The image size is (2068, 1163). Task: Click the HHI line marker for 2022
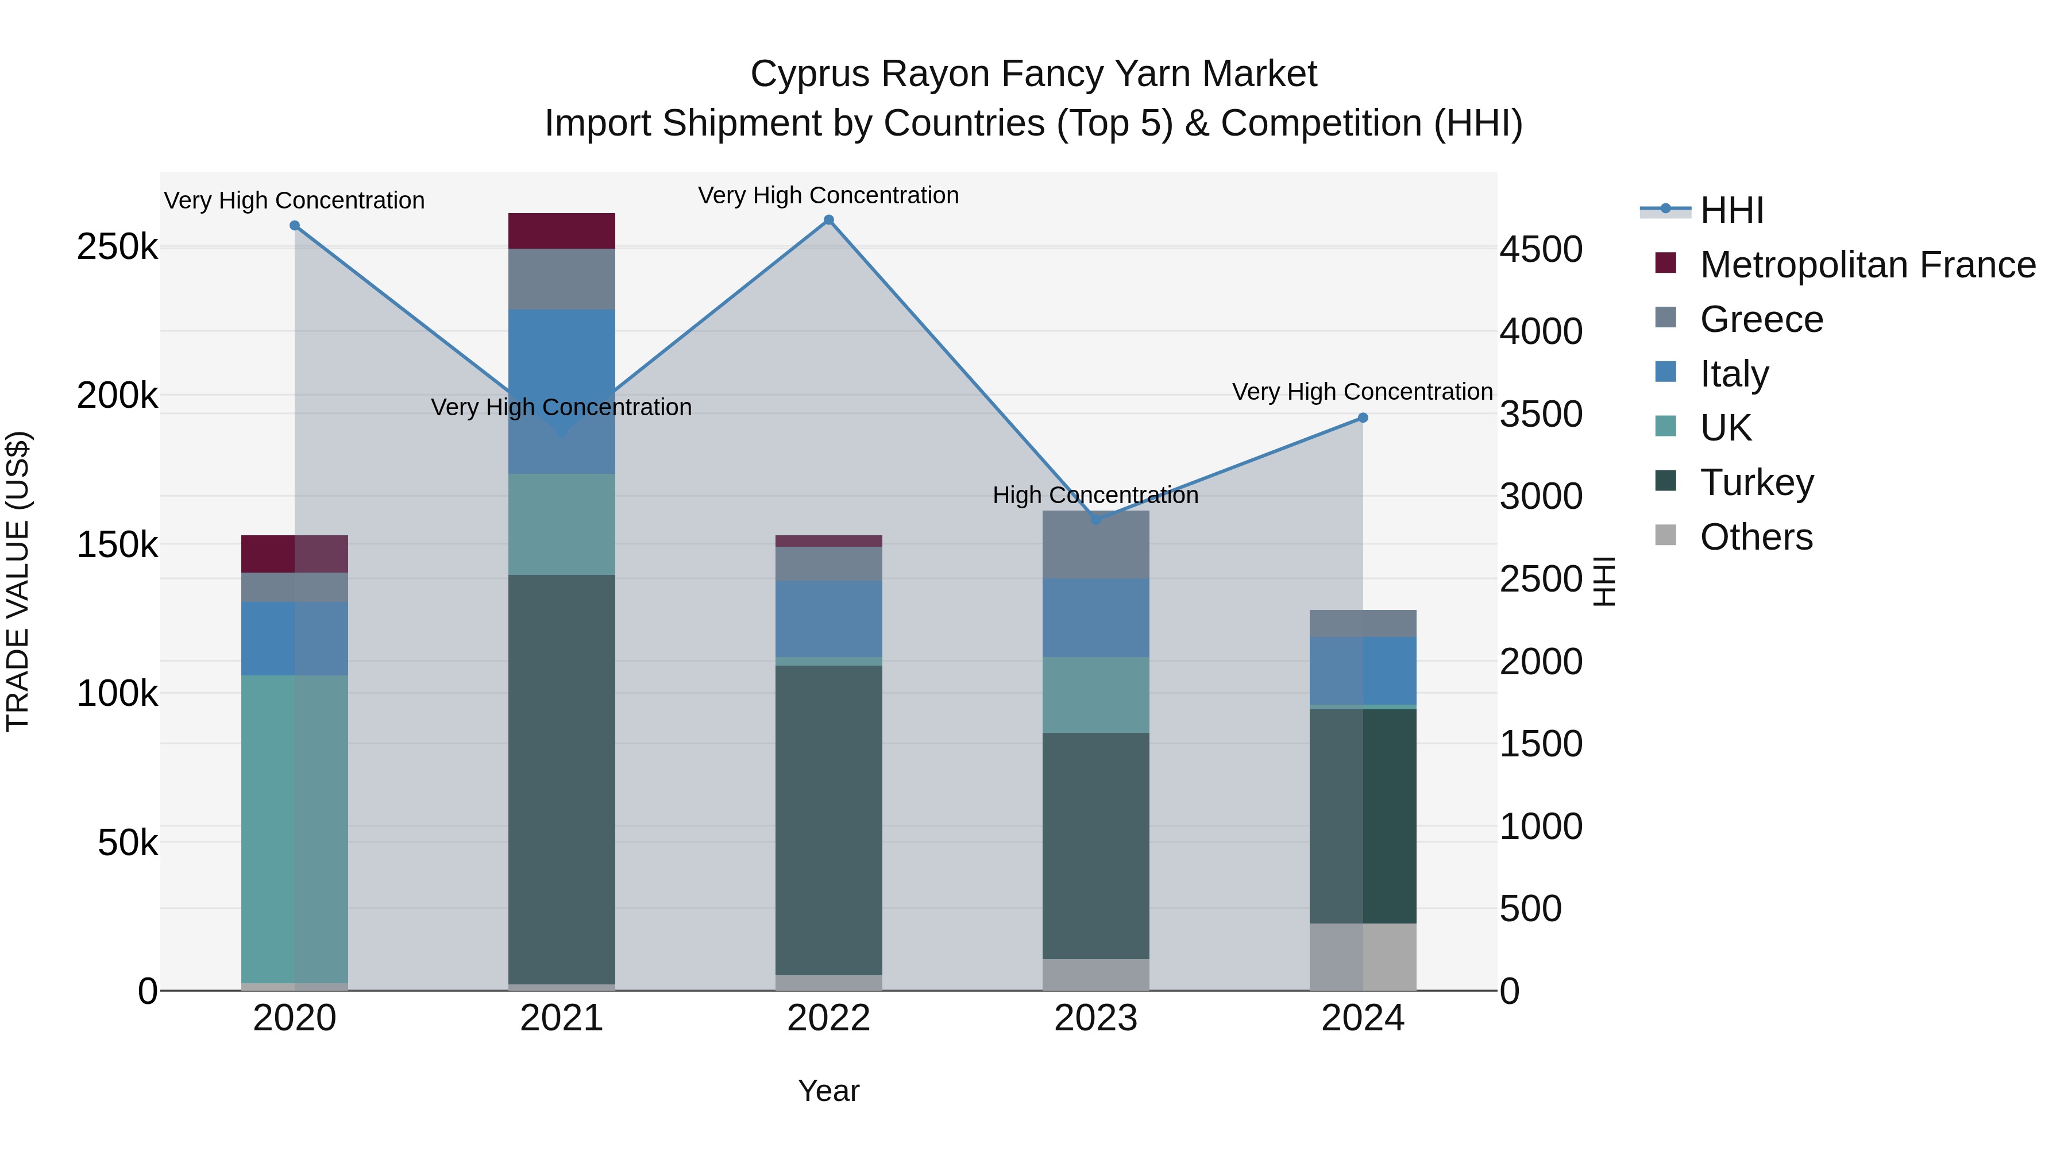(x=828, y=220)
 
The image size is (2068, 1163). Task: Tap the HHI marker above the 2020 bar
(x=295, y=226)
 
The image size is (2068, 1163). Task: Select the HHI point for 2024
(x=1363, y=418)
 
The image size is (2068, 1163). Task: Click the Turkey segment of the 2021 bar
(x=561, y=779)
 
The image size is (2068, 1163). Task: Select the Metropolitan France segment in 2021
(x=561, y=231)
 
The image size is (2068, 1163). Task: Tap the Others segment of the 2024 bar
(x=1363, y=957)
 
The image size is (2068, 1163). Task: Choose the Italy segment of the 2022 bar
(x=828, y=619)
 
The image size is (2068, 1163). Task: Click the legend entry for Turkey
(x=1757, y=482)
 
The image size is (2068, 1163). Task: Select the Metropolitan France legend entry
(x=1868, y=265)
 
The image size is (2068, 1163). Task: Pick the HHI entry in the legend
(x=1731, y=210)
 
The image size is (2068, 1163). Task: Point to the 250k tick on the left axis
(x=117, y=247)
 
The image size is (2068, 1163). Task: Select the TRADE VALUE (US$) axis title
(x=18, y=581)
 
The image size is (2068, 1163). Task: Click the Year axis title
(x=828, y=1091)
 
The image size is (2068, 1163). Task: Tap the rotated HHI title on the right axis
(x=1603, y=581)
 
